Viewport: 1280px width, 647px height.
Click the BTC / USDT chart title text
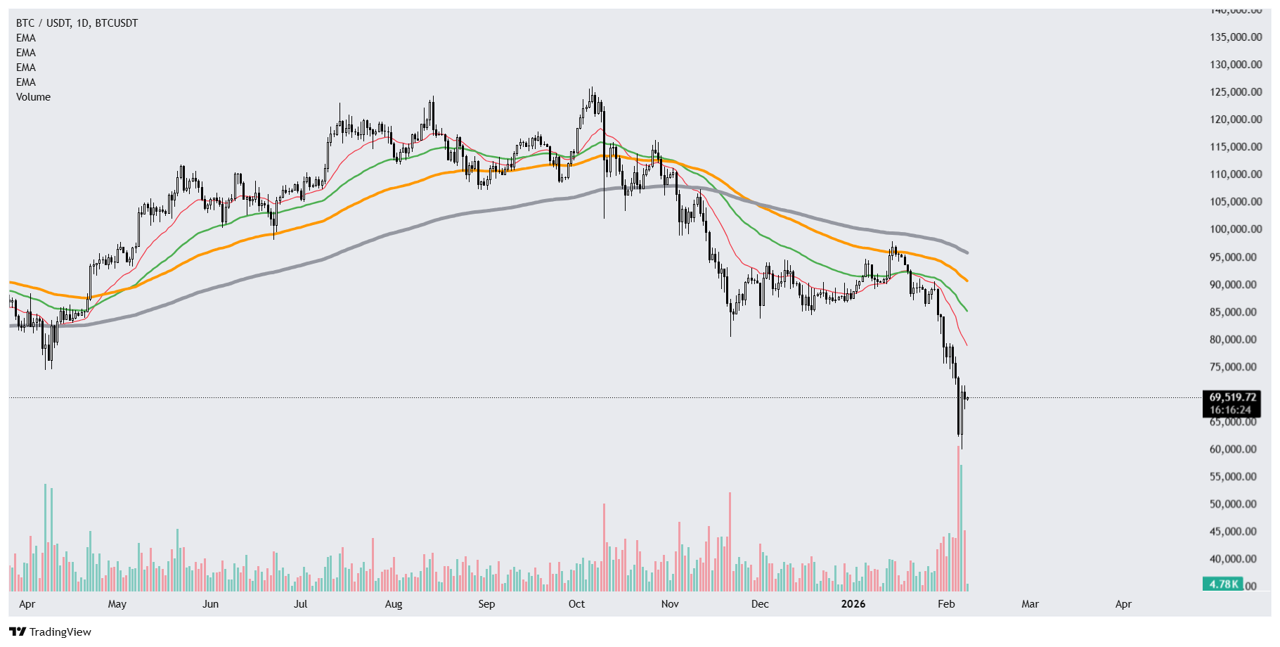[77, 23]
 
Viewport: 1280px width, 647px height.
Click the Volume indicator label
[33, 97]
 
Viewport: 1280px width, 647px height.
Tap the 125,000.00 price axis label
[1235, 92]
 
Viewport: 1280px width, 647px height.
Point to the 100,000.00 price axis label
[1235, 229]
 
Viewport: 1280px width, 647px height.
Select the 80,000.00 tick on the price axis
[1235, 340]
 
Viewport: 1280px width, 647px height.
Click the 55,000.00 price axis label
[1235, 477]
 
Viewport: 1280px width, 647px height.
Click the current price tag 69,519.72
[1232, 397]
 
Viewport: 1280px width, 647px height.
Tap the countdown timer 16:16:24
[1230, 410]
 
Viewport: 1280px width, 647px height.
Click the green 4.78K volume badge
[1223, 584]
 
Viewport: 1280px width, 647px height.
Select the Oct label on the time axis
[576, 604]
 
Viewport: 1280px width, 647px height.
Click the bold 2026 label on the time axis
[853, 604]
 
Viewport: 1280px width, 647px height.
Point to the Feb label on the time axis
[946, 604]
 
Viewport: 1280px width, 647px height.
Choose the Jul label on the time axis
[301, 604]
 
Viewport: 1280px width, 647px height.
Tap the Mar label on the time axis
[1030, 604]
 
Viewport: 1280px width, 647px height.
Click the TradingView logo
[51, 632]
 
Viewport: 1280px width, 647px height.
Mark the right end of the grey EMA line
[967, 252]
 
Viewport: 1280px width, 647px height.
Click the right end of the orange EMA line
[967, 281]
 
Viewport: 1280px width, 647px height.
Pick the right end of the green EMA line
[967, 311]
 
